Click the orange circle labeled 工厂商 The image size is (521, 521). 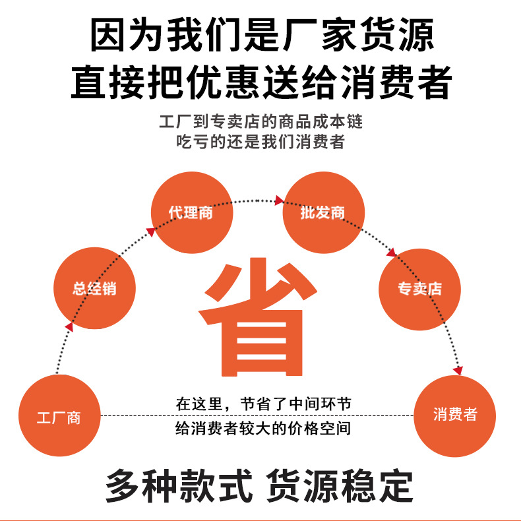59,416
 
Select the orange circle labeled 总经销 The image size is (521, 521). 95,288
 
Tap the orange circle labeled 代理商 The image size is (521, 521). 192,212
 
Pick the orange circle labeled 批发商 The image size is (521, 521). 323,212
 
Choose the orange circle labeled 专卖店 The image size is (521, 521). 419,289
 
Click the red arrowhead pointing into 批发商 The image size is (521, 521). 279,200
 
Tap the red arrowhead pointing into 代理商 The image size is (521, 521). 151,231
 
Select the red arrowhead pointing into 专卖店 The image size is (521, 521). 391,252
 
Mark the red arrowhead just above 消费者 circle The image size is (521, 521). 458,371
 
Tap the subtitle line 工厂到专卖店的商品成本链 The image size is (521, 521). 261,122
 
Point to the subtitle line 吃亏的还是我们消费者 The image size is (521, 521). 261,141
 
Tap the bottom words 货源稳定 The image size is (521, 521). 340,486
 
